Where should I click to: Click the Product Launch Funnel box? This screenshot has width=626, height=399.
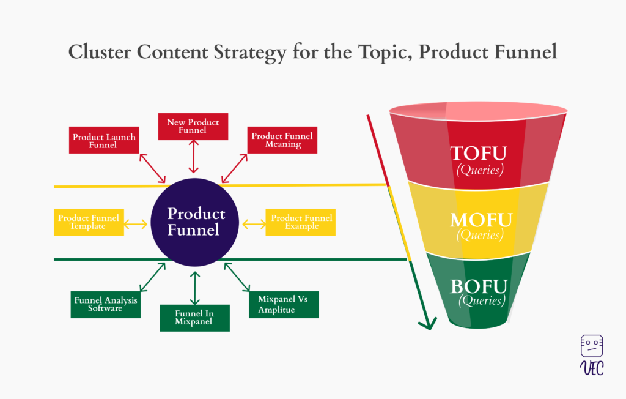click(104, 140)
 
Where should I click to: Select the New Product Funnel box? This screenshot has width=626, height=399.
click(193, 126)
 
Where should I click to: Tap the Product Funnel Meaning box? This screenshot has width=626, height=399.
click(282, 140)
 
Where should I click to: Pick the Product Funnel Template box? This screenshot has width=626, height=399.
click(89, 222)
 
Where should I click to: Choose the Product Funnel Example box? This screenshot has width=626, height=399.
click(301, 222)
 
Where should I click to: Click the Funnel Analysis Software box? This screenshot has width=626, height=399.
click(105, 305)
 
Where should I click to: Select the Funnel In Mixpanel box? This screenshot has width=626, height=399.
click(195, 318)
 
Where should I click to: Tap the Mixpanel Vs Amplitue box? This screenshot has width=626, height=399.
click(284, 305)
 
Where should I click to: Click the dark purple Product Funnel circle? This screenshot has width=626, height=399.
click(195, 222)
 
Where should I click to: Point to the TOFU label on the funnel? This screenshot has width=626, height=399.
click(479, 154)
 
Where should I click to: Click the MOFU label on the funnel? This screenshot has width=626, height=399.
click(481, 220)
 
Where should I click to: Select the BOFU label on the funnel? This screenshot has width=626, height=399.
click(479, 286)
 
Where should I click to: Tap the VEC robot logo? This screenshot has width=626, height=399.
click(592, 355)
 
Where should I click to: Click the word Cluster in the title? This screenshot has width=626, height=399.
click(100, 52)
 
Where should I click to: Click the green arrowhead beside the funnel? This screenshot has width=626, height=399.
click(427, 323)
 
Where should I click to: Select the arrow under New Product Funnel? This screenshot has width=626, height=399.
click(194, 156)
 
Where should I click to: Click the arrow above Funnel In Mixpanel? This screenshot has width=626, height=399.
click(195, 288)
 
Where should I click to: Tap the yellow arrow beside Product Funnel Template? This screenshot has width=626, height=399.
click(136, 225)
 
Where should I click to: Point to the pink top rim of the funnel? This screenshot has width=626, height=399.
click(478, 111)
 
